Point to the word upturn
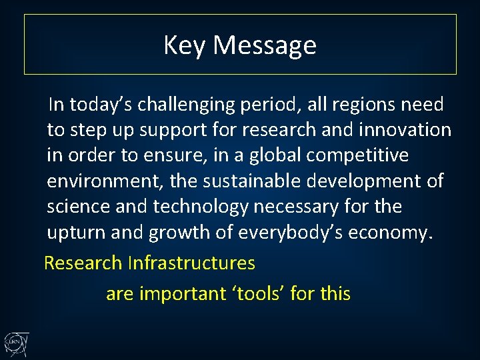coord(73,233)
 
